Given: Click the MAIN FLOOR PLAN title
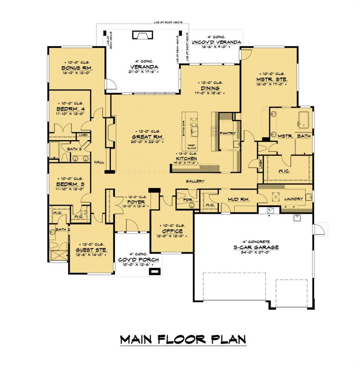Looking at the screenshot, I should [x=183, y=339].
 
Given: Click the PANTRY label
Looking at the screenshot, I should [x=227, y=133].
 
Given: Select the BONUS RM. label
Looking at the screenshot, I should [x=77, y=68].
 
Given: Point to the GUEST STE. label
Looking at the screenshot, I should [x=90, y=249].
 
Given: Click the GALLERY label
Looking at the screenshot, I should [x=195, y=181].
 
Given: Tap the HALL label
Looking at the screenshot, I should [x=99, y=162].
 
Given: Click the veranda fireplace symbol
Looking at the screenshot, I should [x=143, y=35].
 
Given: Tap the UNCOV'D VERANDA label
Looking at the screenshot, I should [x=216, y=42].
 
